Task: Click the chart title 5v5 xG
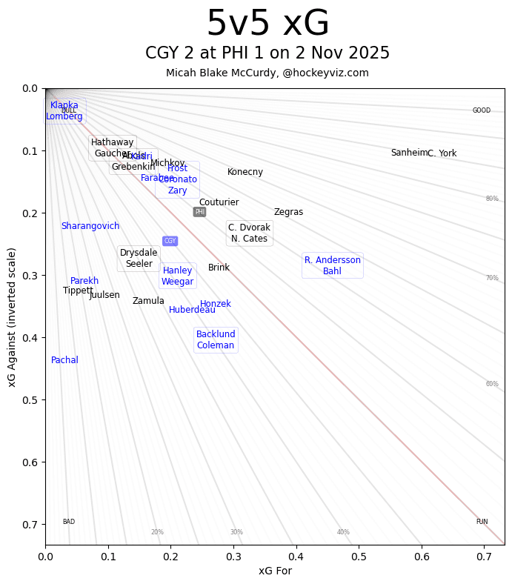tap(267, 24)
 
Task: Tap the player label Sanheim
tap(409, 153)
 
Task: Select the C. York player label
tap(442, 153)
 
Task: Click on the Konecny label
tap(245, 172)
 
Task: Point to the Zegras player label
tap(288, 212)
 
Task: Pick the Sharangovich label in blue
tap(90, 226)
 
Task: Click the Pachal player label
tap(64, 360)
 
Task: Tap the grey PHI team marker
tap(199, 212)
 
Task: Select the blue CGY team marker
tap(170, 241)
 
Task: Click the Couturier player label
tap(219, 202)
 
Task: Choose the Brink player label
tap(219, 268)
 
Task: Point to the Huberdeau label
tap(192, 310)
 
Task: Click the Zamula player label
tap(148, 301)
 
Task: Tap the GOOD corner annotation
tap(482, 110)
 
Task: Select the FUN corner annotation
tap(482, 522)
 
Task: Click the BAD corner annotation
tap(68, 522)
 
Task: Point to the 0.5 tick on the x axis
tap(359, 556)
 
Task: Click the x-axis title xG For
tap(275, 571)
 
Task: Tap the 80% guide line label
tap(492, 199)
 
